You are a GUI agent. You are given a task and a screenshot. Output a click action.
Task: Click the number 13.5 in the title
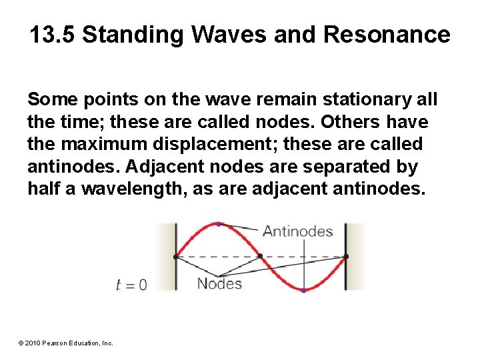[53, 35]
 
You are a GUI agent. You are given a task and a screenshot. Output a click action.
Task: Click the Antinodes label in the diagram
[297, 231]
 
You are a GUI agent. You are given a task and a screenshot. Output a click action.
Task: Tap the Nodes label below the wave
[219, 284]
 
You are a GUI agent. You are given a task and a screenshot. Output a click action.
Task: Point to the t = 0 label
[131, 285]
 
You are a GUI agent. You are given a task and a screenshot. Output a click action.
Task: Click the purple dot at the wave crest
[218, 224]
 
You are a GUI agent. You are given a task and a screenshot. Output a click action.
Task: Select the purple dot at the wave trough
[303, 290]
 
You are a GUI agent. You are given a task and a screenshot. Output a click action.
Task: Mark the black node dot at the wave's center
[261, 256]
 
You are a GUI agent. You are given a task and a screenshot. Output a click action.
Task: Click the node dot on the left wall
[175, 256]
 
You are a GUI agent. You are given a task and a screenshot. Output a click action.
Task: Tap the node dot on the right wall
[346, 256]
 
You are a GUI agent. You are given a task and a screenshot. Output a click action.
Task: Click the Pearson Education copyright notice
[65, 343]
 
